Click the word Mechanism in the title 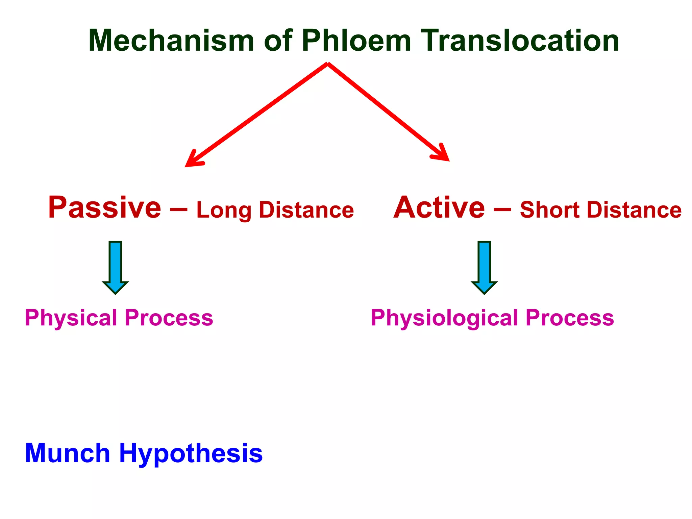click(171, 41)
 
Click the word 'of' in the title click(278, 41)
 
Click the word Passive click(105, 207)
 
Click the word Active click(439, 207)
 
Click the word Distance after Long click(306, 210)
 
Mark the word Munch click(68, 453)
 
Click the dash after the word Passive click(178, 209)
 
